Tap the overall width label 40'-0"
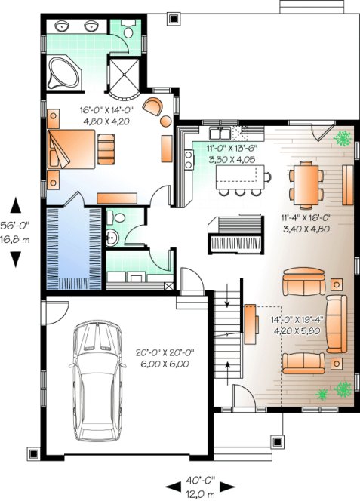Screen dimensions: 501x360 tap(200, 479)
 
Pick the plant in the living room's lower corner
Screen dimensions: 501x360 tap(343, 389)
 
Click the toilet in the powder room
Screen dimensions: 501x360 tap(113, 219)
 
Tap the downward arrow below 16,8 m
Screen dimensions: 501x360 tap(15, 260)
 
